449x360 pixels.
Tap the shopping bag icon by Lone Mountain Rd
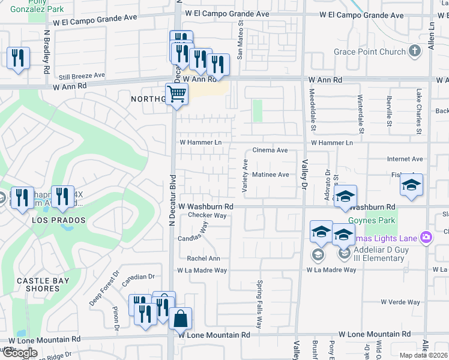tap(180, 319)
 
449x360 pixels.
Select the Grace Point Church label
tap(370, 52)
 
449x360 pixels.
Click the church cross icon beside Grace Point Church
tap(414, 51)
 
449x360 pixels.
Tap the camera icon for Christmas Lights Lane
tap(426, 238)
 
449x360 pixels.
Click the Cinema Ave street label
tap(270, 150)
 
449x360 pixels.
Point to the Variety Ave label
tap(244, 176)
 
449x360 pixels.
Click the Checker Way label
tap(207, 215)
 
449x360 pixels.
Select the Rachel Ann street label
tap(203, 259)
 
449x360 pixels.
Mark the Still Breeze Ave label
tap(82, 76)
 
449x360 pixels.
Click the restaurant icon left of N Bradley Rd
tap(17, 58)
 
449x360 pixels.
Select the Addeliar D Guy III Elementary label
tap(379, 253)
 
